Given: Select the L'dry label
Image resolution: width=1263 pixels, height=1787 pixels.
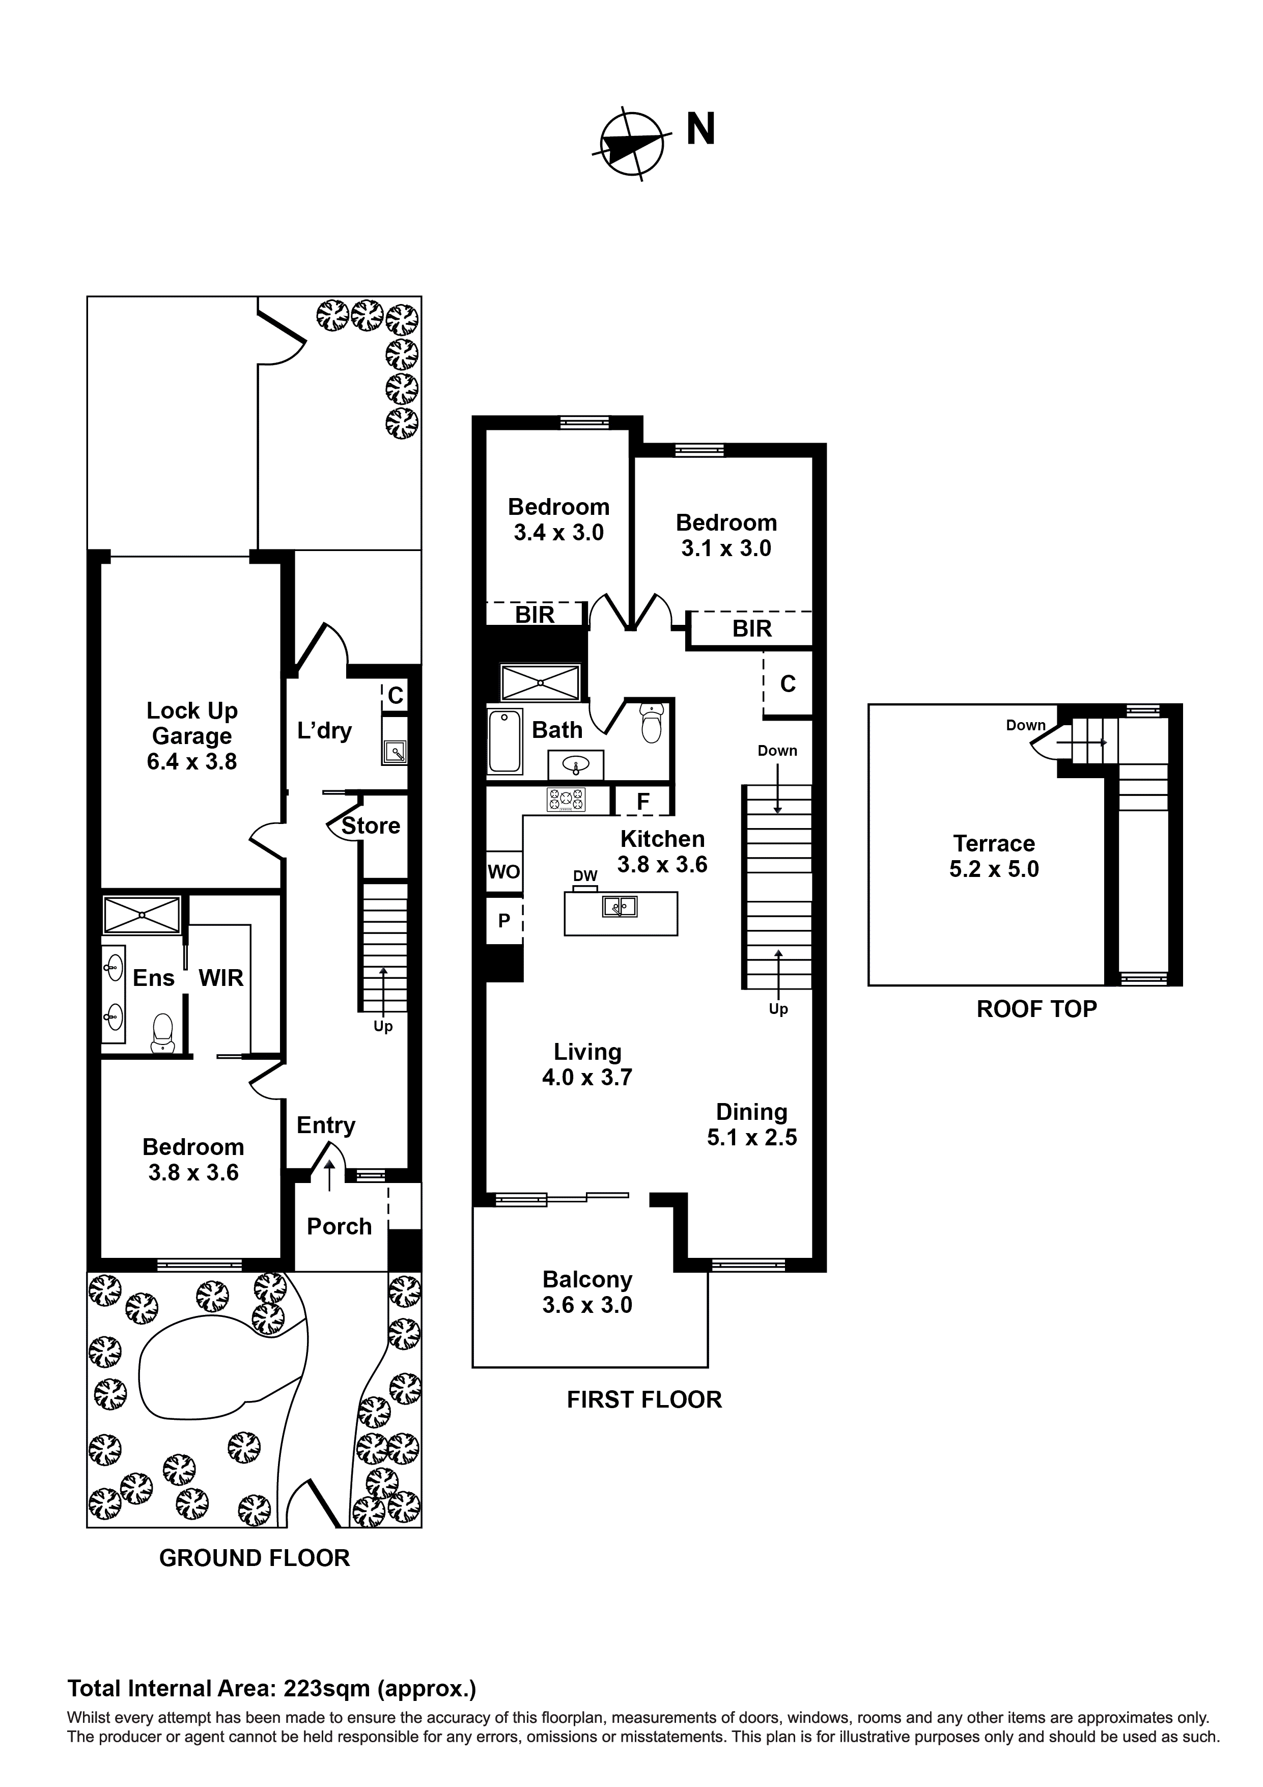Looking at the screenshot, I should click(324, 731).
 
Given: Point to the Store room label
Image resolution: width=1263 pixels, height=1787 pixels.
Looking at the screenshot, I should click(371, 826).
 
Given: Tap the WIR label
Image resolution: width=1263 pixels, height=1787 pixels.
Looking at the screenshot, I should click(221, 978).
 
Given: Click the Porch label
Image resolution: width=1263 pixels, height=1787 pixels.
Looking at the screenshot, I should click(339, 1227).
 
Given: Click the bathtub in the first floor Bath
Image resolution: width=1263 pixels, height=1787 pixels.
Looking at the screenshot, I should click(504, 741).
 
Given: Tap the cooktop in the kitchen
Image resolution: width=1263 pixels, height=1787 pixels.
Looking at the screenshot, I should click(567, 800).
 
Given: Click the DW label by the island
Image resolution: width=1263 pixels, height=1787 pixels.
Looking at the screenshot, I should click(585, 876).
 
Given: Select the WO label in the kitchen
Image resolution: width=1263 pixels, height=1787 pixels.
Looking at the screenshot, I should click(503, 872).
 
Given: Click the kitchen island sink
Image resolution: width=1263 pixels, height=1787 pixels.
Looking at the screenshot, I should click(620, 906).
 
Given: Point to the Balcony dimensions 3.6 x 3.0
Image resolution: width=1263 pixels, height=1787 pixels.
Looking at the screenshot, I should click(587, 1305).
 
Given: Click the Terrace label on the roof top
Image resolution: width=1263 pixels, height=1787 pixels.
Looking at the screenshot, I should click(994, 844).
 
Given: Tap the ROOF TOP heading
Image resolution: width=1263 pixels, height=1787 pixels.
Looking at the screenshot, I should click(1036, 1009).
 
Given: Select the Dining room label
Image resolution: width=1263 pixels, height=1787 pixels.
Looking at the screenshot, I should click(751, 1112).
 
